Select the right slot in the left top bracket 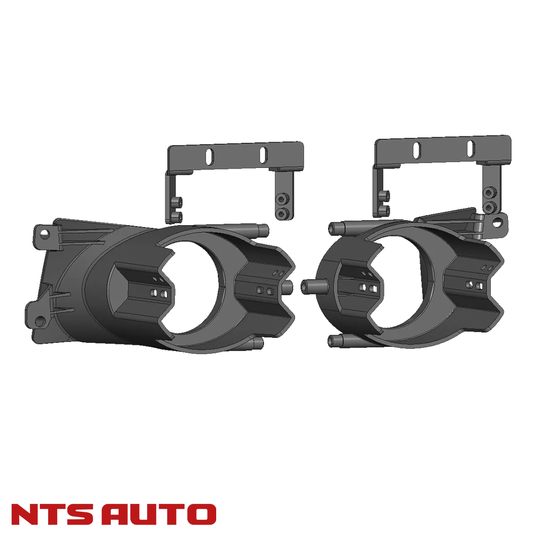coord(263,154)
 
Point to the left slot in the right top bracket coord(416,149)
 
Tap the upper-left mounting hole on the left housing coord(43,233)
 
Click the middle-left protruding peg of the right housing coord(308,286)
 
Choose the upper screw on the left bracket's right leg coord(282,198)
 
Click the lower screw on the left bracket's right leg coord(281,214)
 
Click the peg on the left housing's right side coord(288,286)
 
